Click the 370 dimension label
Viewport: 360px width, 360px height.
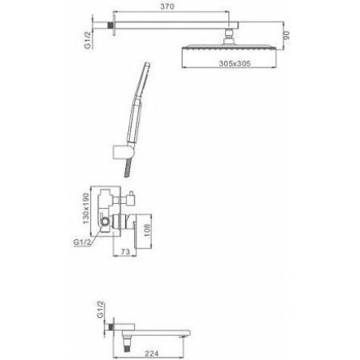coord(167,7)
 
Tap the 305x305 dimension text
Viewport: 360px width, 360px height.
coord(235,63)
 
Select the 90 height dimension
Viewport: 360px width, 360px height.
coord(286,36)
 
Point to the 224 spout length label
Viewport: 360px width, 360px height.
coord(152,353)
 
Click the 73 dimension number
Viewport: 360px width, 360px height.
coord(125,252)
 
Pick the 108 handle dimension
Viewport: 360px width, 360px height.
coord(147,230)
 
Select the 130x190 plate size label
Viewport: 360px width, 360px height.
coord(86,208)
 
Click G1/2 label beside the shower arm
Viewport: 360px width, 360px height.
coord(88,40)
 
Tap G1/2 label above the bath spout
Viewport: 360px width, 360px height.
coord(100,309)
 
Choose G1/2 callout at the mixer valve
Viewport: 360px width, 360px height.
coord(81,242)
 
